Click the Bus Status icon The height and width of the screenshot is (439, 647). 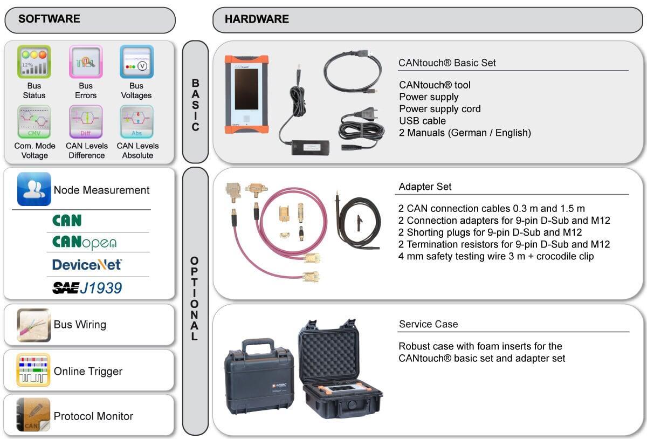(34, 61)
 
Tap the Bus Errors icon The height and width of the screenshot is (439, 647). (86, 61)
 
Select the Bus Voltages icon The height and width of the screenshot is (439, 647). (136, 61)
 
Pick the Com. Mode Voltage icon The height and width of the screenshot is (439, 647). (34, 122)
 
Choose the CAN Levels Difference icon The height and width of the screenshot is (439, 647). (86, 122)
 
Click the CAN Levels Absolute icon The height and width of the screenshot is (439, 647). (136, 122)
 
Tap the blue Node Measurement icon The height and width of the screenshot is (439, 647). (34, 189)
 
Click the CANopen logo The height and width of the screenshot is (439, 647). (84, 242)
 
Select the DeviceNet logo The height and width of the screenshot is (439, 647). (87, 264)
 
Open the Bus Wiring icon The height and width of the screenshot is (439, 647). (33, 325)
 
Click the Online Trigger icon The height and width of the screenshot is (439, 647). (33, 370)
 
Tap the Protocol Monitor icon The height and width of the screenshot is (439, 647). (33, 415)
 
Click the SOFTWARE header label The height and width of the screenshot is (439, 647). (49, 19)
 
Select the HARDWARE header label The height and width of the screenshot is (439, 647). (257, 19)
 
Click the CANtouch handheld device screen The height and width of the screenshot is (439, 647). (246, 91)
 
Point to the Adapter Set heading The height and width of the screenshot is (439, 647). (425, 187)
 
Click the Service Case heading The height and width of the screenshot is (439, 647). (428, 324)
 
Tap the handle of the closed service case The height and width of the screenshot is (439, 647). (257, 346)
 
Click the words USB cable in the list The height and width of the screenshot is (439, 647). (422, 121)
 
